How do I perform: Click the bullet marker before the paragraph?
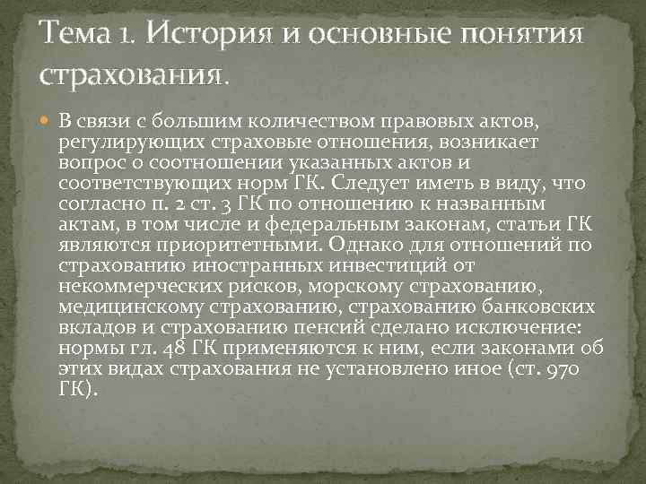[48, 120]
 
